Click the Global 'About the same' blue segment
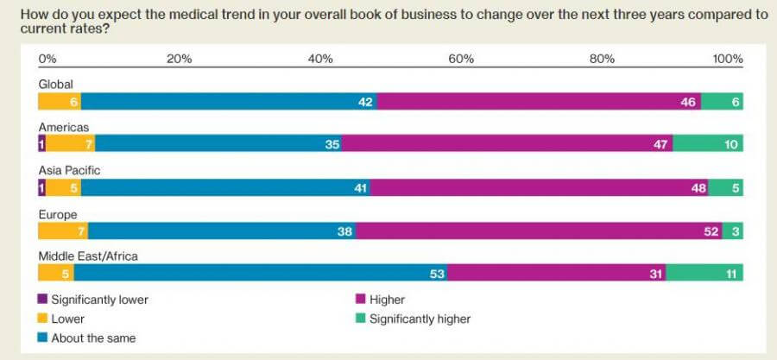coord(229,102)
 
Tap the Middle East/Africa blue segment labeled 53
coord(260,274)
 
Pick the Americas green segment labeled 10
coord(708,144)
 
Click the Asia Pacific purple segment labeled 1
coord(41,187)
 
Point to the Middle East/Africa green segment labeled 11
coord(704,274)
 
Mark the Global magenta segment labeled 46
coord(539,102)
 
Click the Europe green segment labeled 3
coord(733,231)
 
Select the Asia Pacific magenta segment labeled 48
coord(539,187)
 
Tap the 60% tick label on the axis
coord(461,59)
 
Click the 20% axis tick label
coord(179,59)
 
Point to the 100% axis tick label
coord(728,59)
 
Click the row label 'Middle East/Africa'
coord(88,256)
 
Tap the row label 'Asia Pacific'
coord(69,170)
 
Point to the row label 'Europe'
coord(57,213)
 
